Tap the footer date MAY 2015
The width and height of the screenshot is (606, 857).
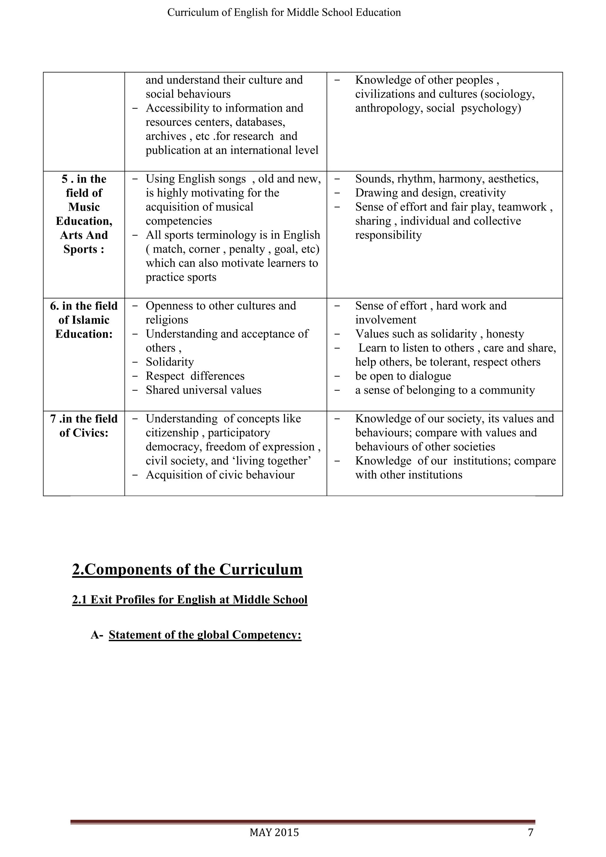[274, 832]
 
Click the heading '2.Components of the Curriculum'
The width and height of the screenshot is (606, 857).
[187, 569]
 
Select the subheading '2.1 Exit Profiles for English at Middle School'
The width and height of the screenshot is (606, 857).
[190, 600]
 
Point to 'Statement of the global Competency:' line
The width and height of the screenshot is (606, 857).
[205, 635]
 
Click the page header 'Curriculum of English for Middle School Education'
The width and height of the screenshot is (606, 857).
[284, 12]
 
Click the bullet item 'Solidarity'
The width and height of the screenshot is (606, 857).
[170, 362]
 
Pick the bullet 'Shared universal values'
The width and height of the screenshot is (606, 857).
[203, 390]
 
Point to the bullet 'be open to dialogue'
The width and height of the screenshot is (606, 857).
[403, 376]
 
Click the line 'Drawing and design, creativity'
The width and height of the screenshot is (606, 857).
[430, 193]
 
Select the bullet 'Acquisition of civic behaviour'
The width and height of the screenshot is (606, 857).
[220, 475]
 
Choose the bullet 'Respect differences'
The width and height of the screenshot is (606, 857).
[195, 376]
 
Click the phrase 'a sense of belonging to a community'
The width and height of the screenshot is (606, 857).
[445, 390]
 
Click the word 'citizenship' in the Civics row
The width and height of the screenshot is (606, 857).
[172, 433]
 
